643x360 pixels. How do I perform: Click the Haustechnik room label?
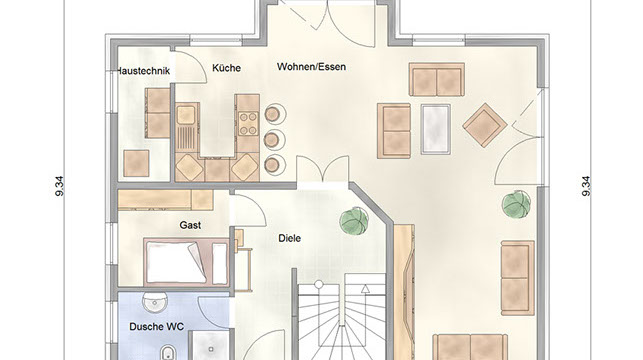[144, 71]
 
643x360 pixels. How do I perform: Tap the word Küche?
[226, 68]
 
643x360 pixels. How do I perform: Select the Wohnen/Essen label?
[311, 66]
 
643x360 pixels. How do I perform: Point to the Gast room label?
[190, 225]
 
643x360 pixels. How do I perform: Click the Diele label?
[290, 238]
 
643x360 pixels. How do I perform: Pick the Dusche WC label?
[156, 327]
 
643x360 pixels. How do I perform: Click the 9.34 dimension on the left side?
[60, 186]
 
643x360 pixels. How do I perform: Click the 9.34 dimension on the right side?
[586, 186]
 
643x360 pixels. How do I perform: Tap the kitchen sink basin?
[185, 115]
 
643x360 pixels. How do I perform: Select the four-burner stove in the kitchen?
[249, 123]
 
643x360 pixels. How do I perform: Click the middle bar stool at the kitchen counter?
[273, 140]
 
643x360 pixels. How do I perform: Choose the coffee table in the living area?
[436, 129]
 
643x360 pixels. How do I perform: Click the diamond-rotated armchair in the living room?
[484, 125]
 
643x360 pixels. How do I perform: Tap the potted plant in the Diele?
[354, 221]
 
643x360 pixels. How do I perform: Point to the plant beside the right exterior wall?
[517, 204]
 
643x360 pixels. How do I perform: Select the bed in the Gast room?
[185, 262]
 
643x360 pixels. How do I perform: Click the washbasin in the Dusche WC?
[155, 302]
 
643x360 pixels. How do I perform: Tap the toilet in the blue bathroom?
[167, 353]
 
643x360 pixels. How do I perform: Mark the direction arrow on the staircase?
[365, 289]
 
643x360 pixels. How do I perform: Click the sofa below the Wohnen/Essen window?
[437, 80]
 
